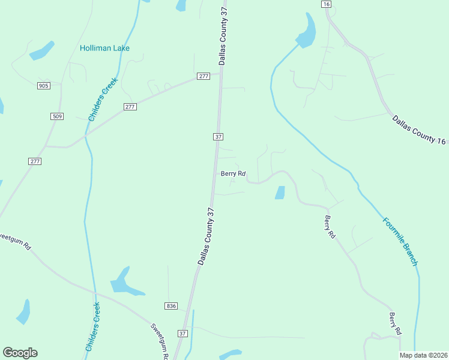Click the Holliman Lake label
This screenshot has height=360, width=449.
click(x=105, y=48)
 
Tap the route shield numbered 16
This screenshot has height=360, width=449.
click(x=326, y=4)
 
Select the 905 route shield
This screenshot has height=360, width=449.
click(x=43, y=86)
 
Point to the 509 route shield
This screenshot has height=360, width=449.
click(x=58, y=116)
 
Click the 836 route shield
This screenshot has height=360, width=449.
click(x=172, y=306)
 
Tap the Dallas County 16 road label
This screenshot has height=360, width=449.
click(x=420, y=130)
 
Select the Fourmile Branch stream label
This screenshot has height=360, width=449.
click(x=400, y=241)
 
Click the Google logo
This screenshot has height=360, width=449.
click(x=20, y=353)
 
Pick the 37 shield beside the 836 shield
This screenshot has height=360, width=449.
click(x=183, y=332)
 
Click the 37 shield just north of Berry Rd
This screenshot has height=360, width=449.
click(x=218, y=137)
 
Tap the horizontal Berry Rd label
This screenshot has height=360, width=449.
click(x=234, y=174)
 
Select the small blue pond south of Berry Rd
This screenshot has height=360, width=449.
click(x=280, y=193)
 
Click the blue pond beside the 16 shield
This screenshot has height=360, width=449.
click(x=307, y=31)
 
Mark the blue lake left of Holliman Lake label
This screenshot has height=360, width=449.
click(x=42, y=50)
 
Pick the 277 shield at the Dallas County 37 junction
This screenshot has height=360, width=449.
click(x=203, y=76)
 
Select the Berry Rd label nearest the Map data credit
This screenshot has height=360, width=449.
click(x=395, y=324)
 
